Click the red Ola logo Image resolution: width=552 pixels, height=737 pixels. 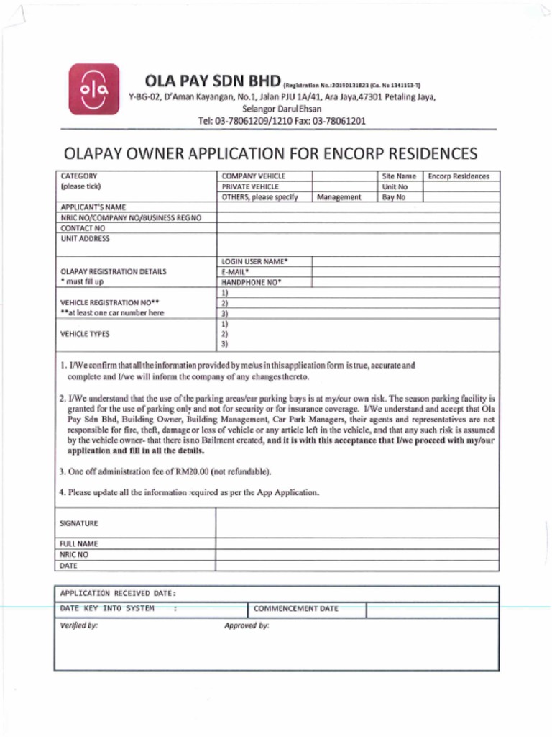94,89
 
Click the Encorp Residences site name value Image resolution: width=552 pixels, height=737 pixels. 459,176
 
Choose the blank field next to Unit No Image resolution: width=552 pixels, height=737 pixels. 460,186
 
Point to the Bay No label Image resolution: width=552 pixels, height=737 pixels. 394,197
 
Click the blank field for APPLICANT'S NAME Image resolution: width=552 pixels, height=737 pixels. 357,207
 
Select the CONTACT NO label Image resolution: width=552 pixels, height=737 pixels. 83,228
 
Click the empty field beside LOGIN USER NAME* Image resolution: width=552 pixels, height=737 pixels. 405,262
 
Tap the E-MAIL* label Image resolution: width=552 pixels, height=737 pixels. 236,272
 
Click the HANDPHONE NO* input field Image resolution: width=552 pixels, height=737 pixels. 405,283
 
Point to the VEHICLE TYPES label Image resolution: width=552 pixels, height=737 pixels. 86,335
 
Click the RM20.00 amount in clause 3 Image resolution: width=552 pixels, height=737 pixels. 190,472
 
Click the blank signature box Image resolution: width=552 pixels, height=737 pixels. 357,523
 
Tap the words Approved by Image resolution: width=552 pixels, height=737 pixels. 247,626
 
